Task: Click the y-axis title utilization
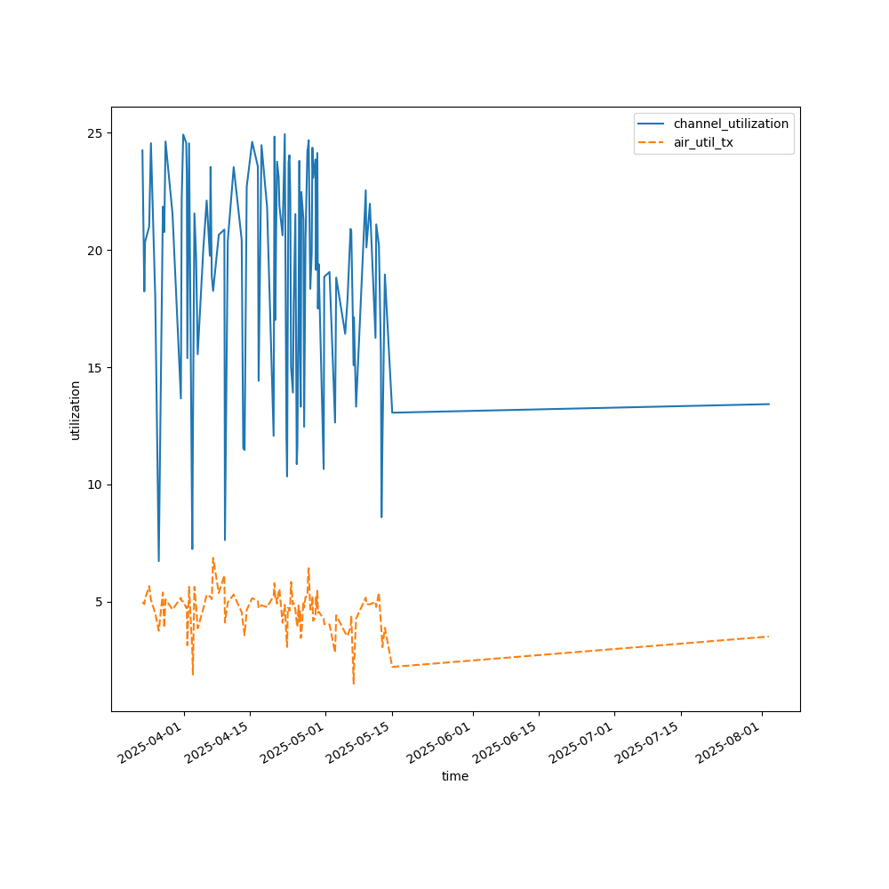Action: pyautogui.click(x=76, y=410)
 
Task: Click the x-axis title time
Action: pyautogui.click(x=455, y=776)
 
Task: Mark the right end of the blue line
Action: pyautogui.click(x=769, y=404)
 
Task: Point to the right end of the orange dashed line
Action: pyautogui.click(x=769, y=637)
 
